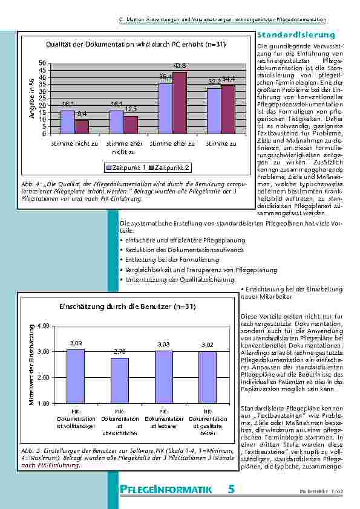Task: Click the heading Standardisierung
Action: tap(296, 36)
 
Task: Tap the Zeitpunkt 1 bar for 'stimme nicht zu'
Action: tap(68, 122)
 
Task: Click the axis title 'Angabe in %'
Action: tap(31, 99)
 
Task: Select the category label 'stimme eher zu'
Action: tap(172, 144)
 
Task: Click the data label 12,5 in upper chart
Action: tap(131, 109)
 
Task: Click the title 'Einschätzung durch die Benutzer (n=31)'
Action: tap(127, 306)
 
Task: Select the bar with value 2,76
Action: tap(119, 380)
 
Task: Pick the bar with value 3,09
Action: tap(76, 375)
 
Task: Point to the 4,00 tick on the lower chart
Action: tap(43, 326)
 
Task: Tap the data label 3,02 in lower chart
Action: tap(207, 345)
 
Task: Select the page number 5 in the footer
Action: tap(231, 490)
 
